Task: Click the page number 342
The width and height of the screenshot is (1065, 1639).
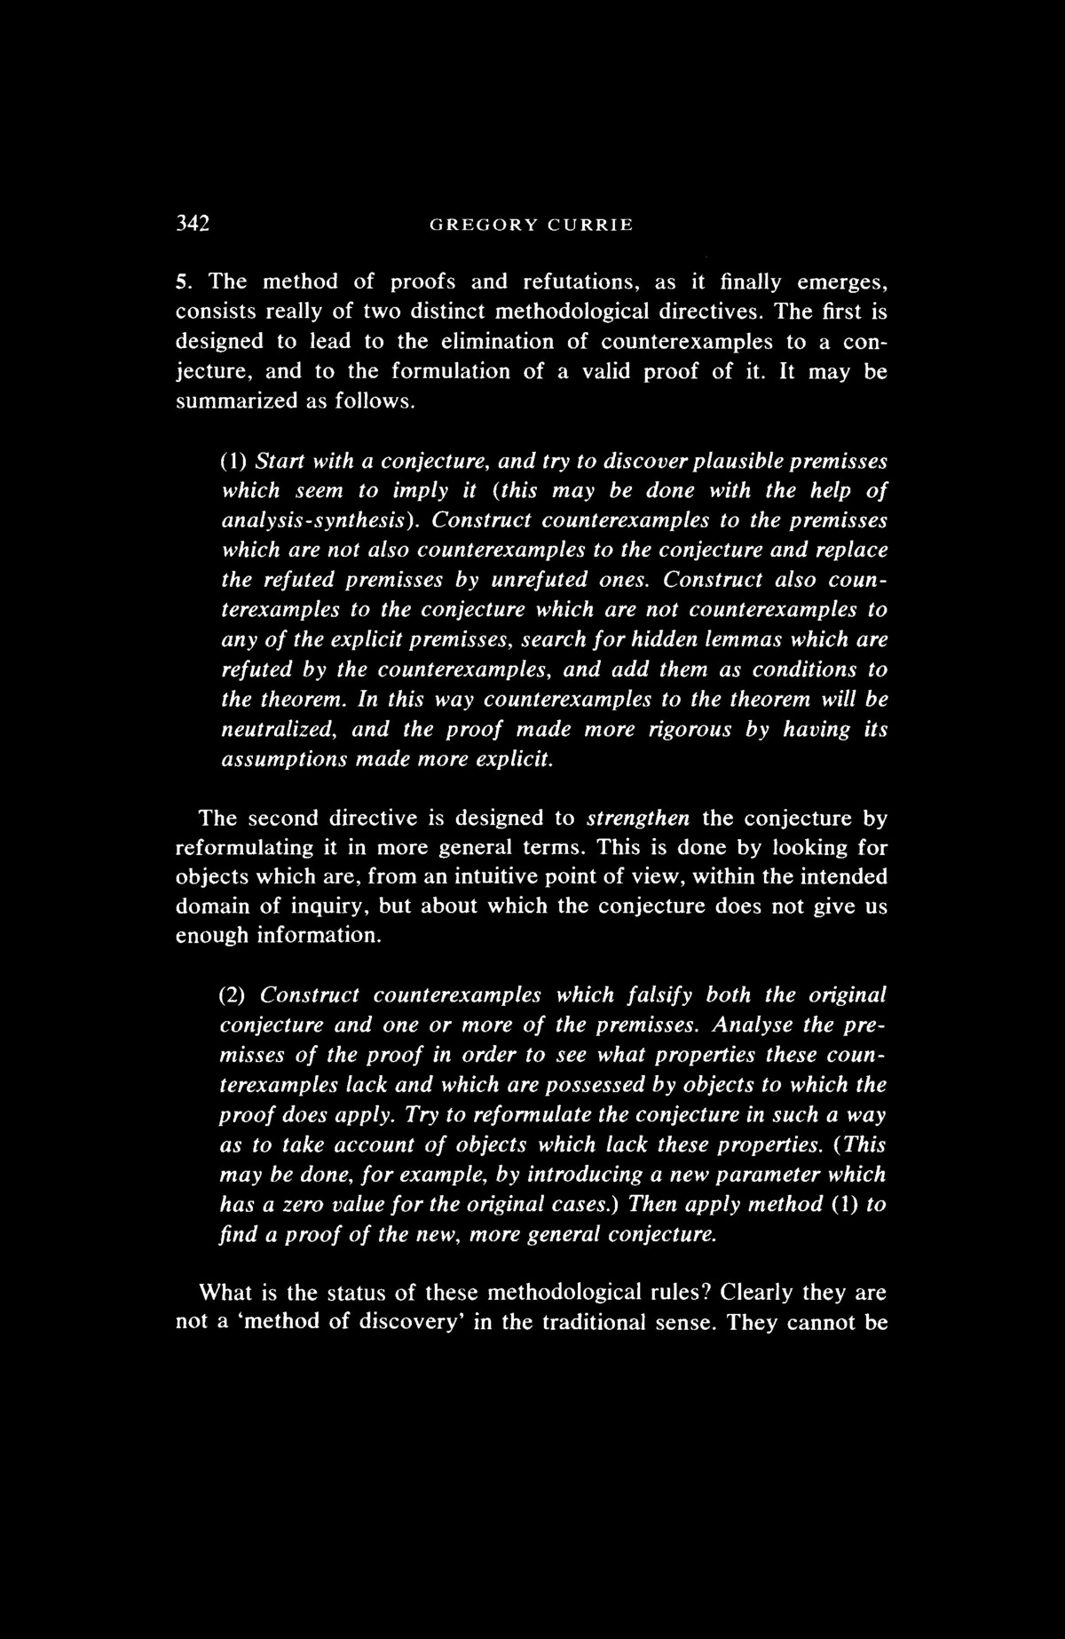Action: (192, 224)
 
